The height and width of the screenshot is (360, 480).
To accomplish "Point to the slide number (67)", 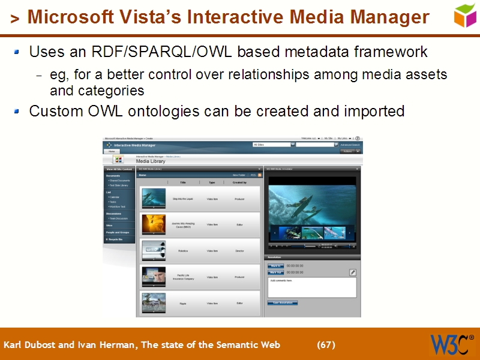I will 326,345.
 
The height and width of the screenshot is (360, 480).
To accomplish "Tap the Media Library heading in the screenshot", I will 151,161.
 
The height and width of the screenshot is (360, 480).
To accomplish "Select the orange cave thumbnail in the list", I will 154,224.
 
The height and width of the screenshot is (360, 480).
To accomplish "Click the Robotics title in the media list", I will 183,251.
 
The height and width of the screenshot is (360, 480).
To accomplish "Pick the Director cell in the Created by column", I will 239,251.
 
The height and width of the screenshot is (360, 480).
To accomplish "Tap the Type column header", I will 212,182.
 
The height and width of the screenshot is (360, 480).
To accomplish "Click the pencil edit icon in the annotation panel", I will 353,272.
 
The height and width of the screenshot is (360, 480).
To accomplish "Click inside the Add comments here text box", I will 311,287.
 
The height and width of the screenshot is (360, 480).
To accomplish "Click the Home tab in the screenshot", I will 112,151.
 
